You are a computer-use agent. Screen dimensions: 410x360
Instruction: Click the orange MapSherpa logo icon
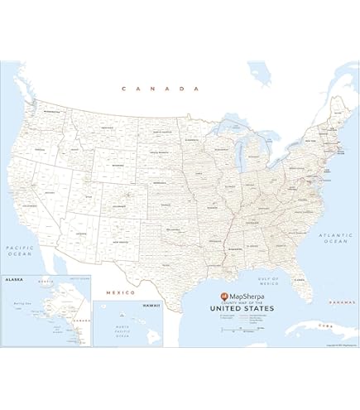(223, 295)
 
